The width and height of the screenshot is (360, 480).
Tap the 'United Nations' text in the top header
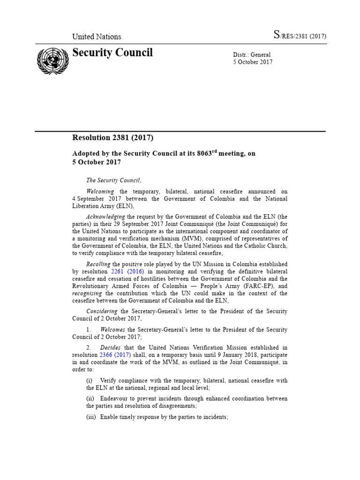pyautogui.click(x=96, y=37)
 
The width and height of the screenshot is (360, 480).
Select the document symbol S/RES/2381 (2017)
pyautogui.click(x=300, y=36)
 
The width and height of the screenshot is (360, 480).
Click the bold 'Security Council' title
pyautogui.click(x=112, y=52)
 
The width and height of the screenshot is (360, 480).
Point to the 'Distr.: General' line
pyautogui.click(x=252, y=55)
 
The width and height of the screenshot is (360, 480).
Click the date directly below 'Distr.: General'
pyautogui.click(x=253, y=62)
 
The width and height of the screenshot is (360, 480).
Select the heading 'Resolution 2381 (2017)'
pyautogui.click(x=112, y=138)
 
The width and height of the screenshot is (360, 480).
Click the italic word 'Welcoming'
pyautogui.click(x=100, y=192)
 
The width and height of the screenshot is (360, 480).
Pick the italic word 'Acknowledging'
pyautogui.click(x=105, y=217)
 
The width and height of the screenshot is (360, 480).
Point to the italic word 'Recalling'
pyautogui.click(x=98, y=264)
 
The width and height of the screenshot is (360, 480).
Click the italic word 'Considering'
pyautogui.click(x=102, y=311)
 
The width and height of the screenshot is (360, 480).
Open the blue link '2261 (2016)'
pyautogui.click(x=127, y=272)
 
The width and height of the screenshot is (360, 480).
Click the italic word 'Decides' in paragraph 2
pyautogui.click(x=111, y=347)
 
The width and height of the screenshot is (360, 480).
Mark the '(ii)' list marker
pyautogui.click(x=90, y=398)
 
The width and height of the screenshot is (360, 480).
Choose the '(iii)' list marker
pyautogui.click(x=91, y=417)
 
